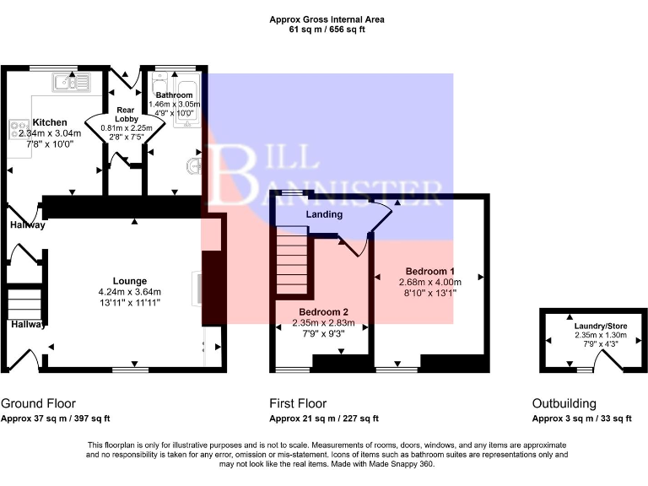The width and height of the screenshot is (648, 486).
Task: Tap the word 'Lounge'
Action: click(x=130, y=281)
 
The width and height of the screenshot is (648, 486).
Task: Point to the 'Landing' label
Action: click(x=324, y=214)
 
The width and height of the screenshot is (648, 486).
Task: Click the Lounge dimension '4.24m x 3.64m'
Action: click(x=130, y=292)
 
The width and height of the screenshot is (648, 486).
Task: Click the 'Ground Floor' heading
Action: click(x=35, y=403)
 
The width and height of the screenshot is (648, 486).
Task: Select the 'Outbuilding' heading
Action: click(x=564, y=403)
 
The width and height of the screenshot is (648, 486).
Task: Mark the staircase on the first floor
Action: click(x=289, y=264)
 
